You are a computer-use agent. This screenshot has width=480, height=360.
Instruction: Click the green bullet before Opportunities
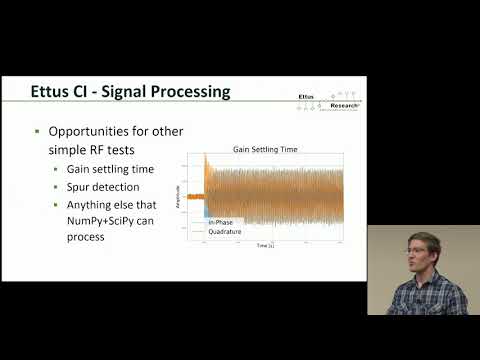(39, 132)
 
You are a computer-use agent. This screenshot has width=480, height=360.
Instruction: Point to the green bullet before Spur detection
(58, 187)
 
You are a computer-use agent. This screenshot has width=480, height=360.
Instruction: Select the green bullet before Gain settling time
(58, 168)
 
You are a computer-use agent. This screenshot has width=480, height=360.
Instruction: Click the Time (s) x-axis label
(264, 245)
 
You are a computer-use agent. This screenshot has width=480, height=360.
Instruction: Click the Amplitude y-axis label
(179, 195)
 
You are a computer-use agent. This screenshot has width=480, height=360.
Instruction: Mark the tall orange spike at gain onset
(205, 165)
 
